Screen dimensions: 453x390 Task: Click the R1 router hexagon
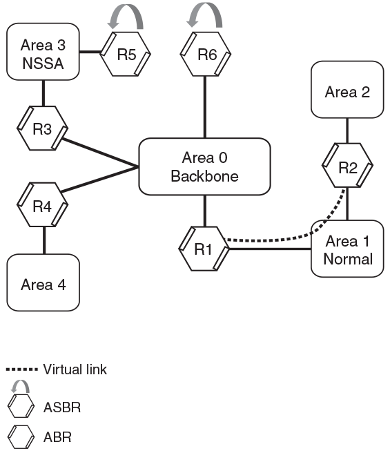(x=203, y=249)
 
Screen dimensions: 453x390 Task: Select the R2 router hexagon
(x=347, y=166)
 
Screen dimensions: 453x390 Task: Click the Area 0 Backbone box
(x=204, y=166)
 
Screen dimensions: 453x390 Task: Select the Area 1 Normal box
(x=347, y=249)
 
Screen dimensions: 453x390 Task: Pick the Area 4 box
(x=44, y=284)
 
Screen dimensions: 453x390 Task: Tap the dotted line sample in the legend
(x=22, y=369)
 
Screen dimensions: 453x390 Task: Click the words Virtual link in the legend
(x=75, y=369)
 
